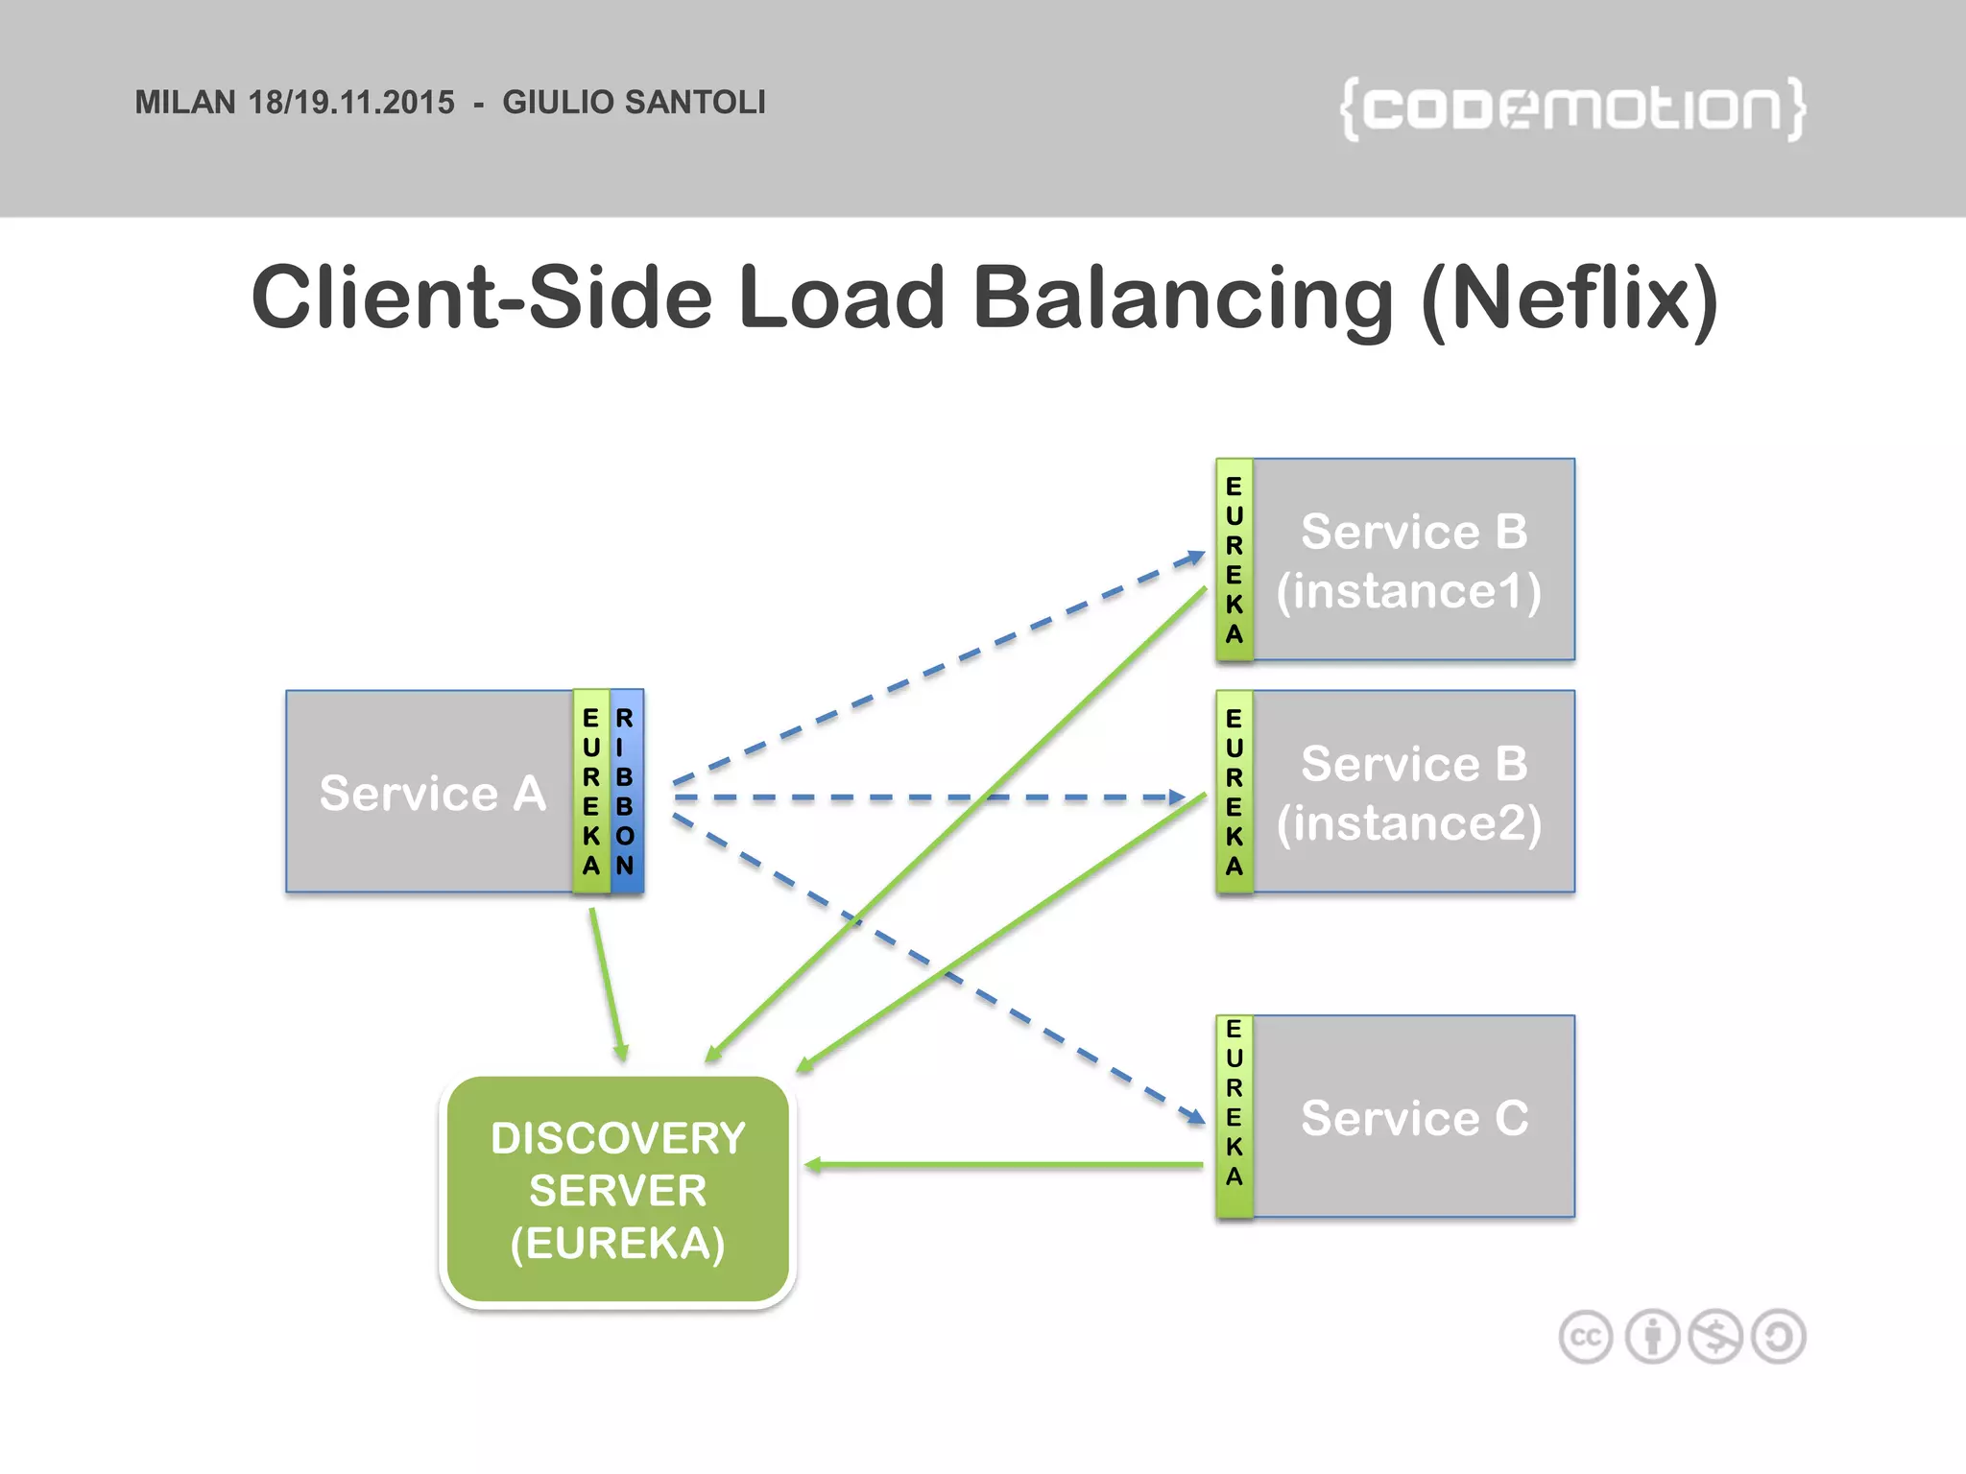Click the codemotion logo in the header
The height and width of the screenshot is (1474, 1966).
point(1572,108)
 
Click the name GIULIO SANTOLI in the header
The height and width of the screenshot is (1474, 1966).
point(634,103)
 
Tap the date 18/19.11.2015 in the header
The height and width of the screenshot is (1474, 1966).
point(351,103)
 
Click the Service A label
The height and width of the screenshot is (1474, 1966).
point(432,794)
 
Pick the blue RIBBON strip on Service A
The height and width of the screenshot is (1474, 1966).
point(626,792)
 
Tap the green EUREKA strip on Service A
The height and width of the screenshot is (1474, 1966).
point(591,792)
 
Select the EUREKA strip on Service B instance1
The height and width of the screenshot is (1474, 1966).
point(1235,560)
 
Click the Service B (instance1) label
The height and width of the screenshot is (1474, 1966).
point(1411,561)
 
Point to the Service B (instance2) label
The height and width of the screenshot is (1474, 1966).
point(1411,794)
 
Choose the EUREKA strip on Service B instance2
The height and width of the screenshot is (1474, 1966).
point(1235,792)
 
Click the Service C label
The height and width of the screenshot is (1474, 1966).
point(1414,1118)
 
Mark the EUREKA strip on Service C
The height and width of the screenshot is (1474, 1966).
point(1235,1117)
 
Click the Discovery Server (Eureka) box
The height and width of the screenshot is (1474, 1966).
point(617,1190)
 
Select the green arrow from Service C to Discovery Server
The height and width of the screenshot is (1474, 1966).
point(1003,1165)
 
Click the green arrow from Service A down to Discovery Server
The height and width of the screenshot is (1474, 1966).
point(607,984)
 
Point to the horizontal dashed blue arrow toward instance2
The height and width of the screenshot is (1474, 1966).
point(926,797)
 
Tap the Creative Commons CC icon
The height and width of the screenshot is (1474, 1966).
point(1586,1337)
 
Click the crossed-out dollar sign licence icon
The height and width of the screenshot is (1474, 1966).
point(1715,1337)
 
